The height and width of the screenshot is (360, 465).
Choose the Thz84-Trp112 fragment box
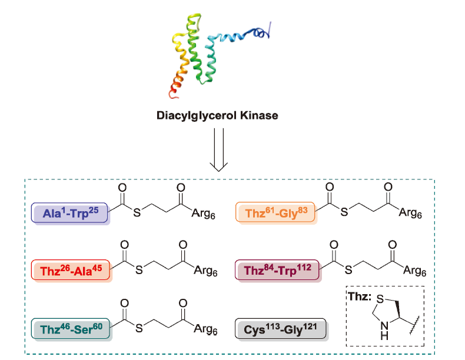point(277,270)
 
